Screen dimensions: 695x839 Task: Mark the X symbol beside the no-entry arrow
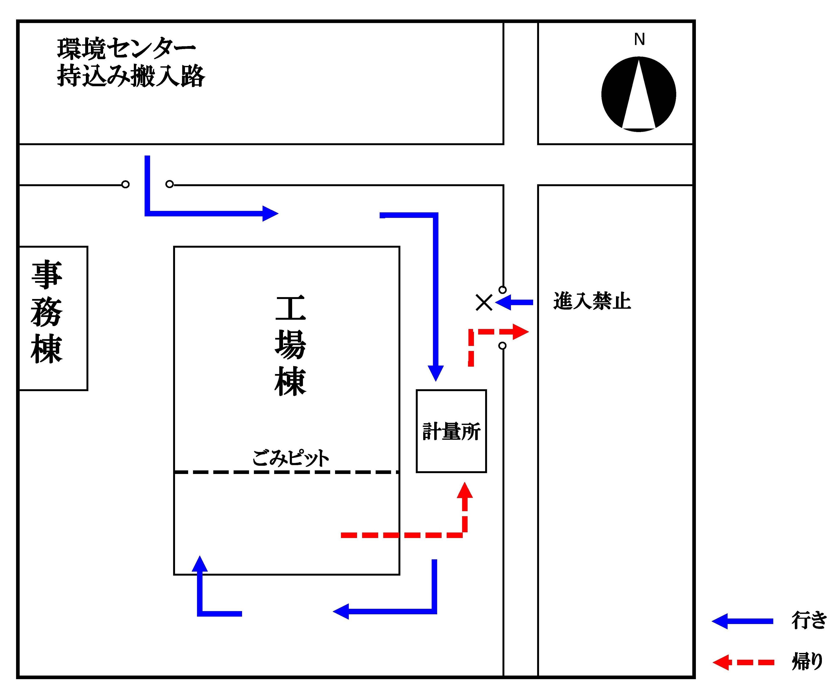pos(484,302)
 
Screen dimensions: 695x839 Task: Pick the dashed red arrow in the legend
pos(743,662)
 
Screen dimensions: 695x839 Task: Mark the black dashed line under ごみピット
pos(286,472)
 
